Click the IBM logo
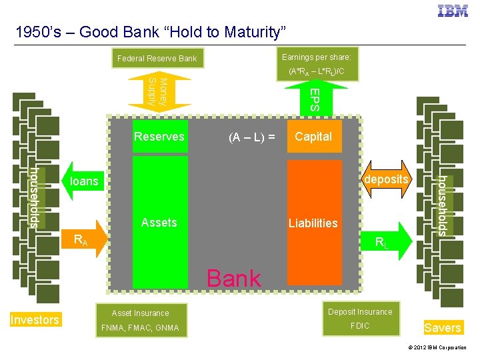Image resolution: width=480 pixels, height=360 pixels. coord(453,11)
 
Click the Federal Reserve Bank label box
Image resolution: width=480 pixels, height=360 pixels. coord(157,59)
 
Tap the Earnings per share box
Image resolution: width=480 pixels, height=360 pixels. coord(317,63)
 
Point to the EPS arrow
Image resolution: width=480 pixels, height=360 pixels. coord(313,97)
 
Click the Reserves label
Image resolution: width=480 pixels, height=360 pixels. coord(159,137)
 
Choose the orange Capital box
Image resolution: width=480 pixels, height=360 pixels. coord(313,137)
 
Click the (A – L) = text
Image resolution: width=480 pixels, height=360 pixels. coord(251,137)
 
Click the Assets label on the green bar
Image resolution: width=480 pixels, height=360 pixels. coord(159,223)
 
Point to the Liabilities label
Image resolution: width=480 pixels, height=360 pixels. coord(313,223)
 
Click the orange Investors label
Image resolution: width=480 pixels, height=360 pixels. coord(35,320)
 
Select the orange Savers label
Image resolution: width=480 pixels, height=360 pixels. coord(443,327)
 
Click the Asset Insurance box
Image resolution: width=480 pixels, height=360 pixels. coord(141,313)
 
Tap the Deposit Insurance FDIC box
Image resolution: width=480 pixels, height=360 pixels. coord(360,319)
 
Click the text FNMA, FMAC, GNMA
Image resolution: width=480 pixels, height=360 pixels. coord(141,328)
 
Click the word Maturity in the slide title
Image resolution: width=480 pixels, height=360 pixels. coord(246,31)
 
